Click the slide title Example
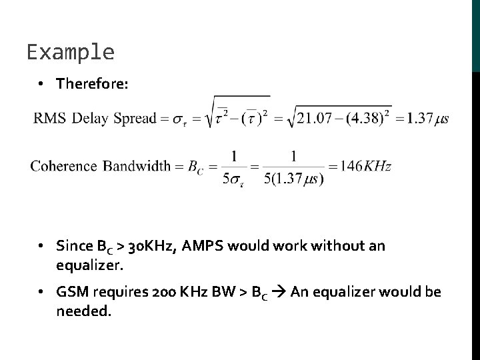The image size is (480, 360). (x=71, y=52)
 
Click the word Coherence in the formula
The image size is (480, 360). (x=63, y=166)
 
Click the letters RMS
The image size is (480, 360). (x=50, y=119)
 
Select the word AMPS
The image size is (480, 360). (x=207, y=247)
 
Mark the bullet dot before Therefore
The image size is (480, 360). (x=41, y=85)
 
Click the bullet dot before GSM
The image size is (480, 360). (x=41, y=293)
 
